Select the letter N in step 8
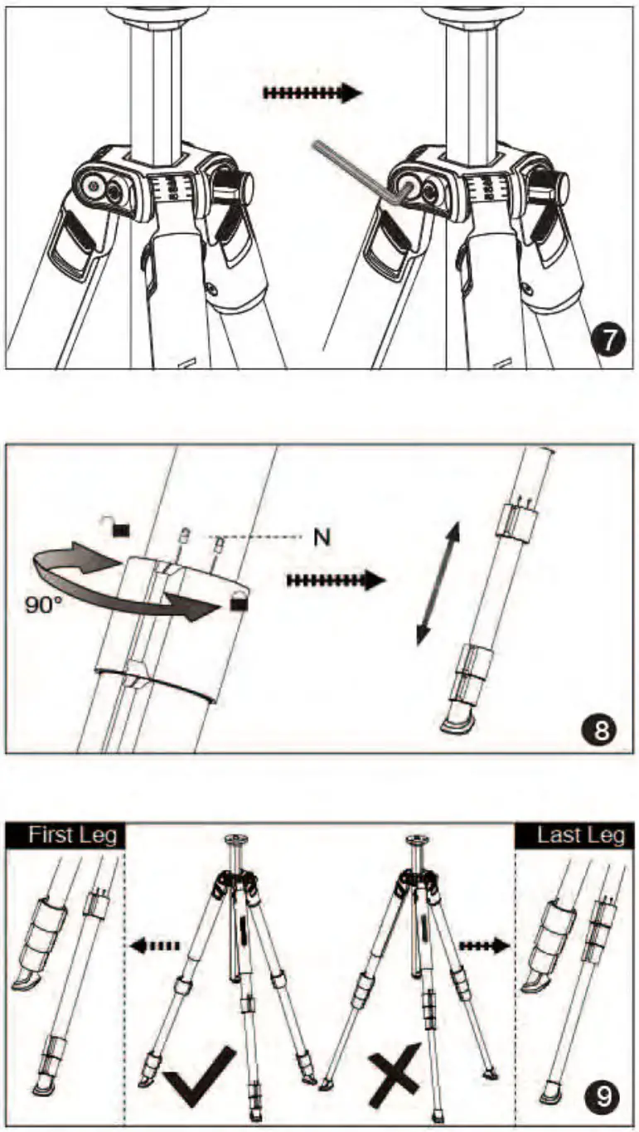point(322,537)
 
